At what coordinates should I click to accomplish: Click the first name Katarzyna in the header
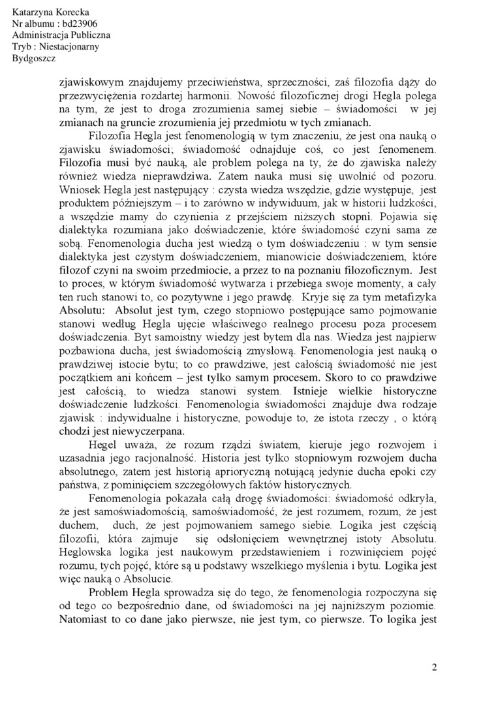[33, 13]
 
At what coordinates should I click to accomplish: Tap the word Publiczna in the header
[91, 35]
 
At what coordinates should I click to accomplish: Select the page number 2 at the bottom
[434, 667]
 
